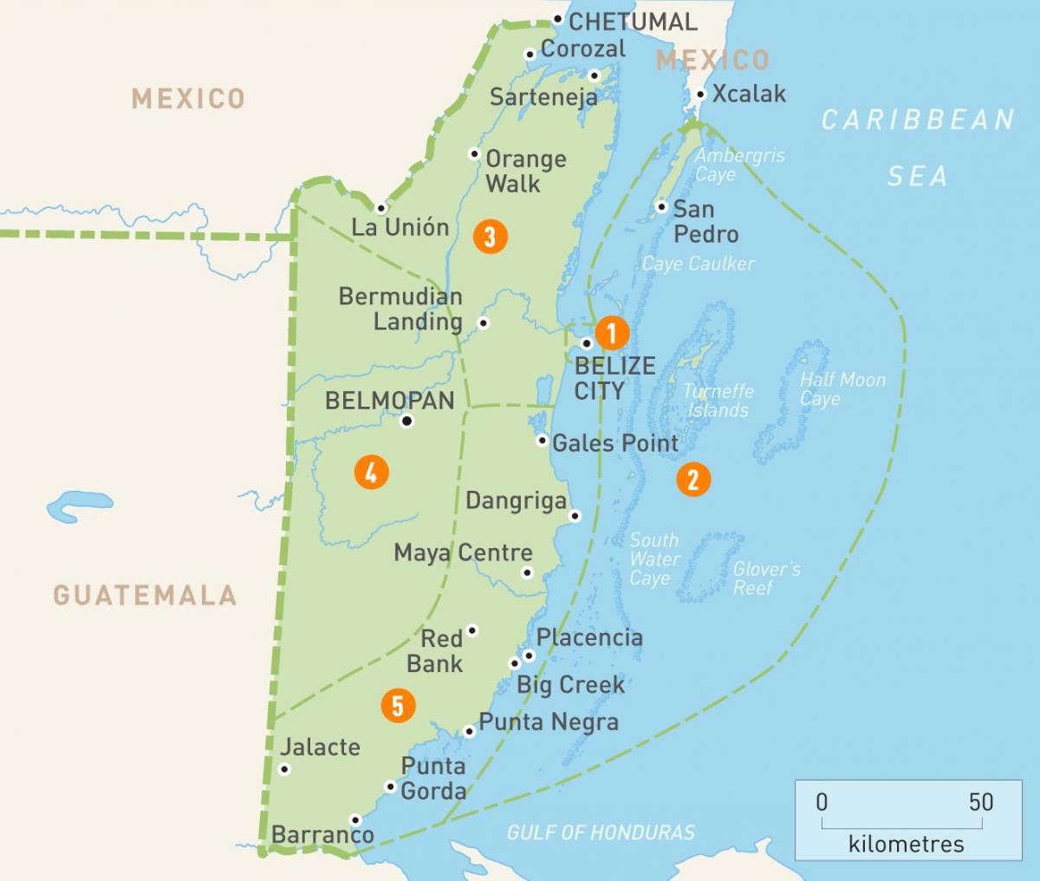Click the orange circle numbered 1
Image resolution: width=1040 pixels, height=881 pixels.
click(x=611, y=333)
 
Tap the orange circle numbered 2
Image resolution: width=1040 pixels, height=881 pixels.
click(x=693, y=479)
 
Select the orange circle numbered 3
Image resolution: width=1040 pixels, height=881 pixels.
click(x=490, y=236)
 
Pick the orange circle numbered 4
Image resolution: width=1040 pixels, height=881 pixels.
click(x=371, y=473)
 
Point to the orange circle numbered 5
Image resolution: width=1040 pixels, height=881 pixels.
click(x=398, y=706)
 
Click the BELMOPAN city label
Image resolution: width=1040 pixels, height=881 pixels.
click(x=389, y=401)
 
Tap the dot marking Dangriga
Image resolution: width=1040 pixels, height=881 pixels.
click(x=575, y=516)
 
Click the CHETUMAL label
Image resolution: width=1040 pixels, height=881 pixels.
click(x=633, y=22)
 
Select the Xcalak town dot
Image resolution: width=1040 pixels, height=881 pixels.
click(x=700, y=94)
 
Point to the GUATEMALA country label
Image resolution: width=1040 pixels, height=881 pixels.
click(x=145, y=595)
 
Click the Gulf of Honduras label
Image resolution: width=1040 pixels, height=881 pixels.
click(x=601, y=832)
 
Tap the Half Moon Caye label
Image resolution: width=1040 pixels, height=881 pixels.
click(x=842, y=389)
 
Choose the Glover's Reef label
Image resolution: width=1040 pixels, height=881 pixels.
click(x=766, y=578)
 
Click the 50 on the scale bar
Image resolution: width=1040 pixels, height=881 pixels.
click(x=981, y=801)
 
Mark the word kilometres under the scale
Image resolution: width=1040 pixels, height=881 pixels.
click(x=906, y=843)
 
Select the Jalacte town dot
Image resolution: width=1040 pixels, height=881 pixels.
click(x=284, y=769)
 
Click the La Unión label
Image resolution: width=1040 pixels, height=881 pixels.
click(x=400, y=228)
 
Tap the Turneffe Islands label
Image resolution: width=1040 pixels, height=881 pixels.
click(x=718, y=401)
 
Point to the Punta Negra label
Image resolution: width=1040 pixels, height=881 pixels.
click(x=549, y=722)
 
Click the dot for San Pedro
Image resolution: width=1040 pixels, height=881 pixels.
click(x=661, y=207)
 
